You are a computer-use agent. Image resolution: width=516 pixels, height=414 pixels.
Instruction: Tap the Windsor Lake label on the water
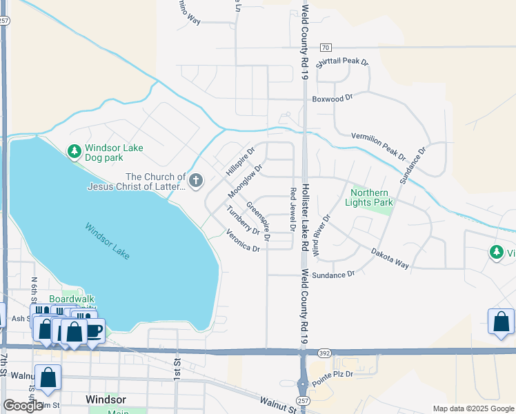[107, 241]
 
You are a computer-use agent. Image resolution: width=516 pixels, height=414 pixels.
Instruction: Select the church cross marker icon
[196, 181]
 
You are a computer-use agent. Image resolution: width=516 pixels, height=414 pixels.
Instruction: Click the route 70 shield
[326, 48]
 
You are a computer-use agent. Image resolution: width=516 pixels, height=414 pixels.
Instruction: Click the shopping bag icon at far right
[501, 322]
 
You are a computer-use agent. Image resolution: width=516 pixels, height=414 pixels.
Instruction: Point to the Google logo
[22, 406]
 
